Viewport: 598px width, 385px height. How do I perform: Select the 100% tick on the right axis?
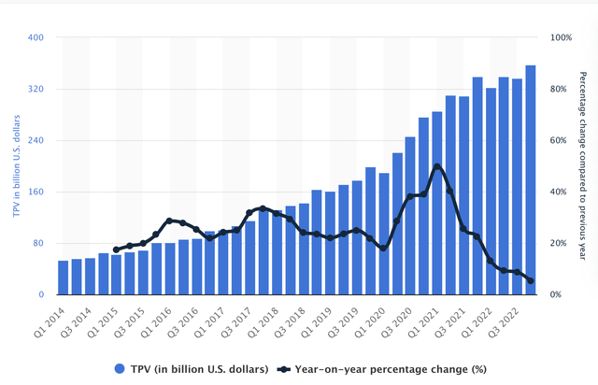point(559,38)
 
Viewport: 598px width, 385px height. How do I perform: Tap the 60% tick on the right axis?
point(557,141)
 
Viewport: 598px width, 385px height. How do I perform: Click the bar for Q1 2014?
point(64,278)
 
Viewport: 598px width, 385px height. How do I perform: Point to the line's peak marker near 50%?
point(437,166)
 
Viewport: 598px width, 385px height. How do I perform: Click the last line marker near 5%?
point(531,280)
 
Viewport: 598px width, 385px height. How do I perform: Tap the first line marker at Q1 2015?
point(117,250)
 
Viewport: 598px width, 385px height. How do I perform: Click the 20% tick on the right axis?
point(557,244)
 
